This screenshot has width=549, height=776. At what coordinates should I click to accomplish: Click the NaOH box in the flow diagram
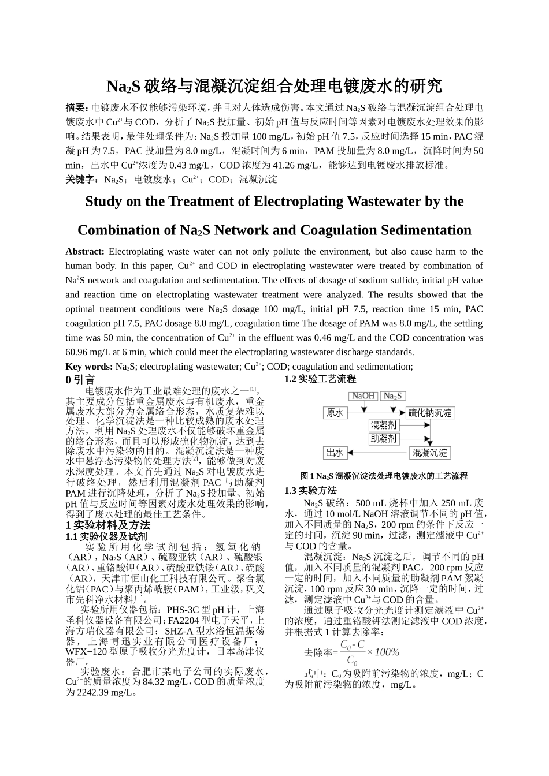363,396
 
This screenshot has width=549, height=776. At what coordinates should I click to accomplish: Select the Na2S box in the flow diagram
393,396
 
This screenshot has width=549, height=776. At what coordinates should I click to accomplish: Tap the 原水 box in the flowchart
335,413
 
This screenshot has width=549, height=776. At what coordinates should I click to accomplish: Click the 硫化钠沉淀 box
430,413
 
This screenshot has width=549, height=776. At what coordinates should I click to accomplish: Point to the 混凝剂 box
384,426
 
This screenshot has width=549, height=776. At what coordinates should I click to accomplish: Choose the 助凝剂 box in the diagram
384,439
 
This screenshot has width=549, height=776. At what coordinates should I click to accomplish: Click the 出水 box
335,453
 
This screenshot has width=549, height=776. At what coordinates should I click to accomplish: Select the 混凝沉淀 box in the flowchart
430,453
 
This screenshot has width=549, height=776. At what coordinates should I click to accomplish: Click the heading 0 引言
80,379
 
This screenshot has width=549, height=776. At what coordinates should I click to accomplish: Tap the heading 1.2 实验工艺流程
320,379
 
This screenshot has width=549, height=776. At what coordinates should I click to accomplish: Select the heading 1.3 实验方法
310,490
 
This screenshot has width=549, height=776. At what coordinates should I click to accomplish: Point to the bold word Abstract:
85,252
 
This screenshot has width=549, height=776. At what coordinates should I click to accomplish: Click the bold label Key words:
89,367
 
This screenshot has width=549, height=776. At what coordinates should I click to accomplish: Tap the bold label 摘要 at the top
76,108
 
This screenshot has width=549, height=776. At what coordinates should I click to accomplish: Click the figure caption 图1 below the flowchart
384,476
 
